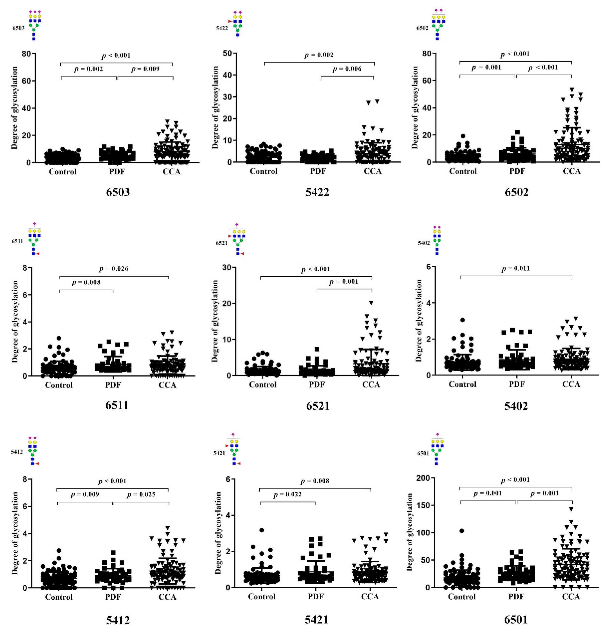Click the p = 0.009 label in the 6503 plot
pos(145,69)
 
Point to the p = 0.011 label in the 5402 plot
pos(515,268)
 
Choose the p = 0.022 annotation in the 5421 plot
pos(287,494)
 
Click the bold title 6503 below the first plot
pos(118,192)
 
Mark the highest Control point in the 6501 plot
pos(462,531)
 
